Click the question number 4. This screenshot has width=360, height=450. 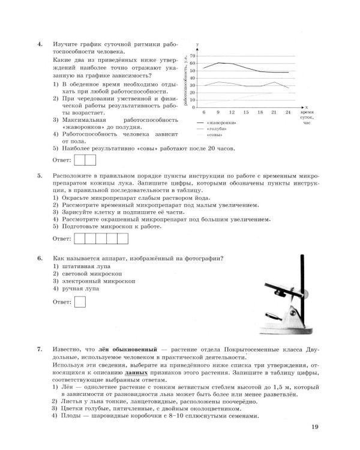coord(39,44)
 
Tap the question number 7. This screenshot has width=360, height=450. coord(39,349)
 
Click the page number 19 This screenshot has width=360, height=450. coord(316,428)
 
